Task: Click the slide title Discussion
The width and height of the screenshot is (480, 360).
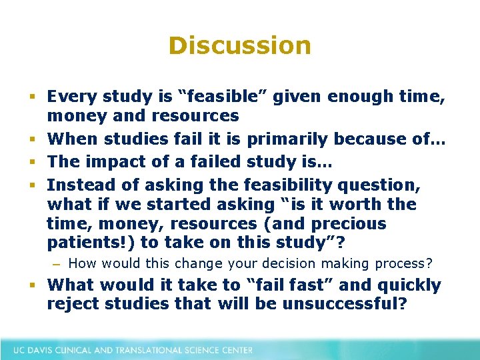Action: [239, 45]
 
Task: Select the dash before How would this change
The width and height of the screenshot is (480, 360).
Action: [56, 263]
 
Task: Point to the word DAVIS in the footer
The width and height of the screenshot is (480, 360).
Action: [45, 349]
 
